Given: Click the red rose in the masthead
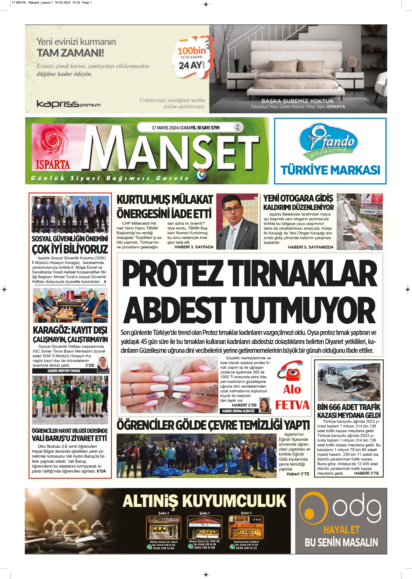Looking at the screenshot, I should click(x=50, y=141).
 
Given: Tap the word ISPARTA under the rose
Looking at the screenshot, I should click(x=53, y=165).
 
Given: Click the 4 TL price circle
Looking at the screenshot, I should click(x=238, y=127).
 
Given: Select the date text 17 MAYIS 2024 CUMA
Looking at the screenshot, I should click(x=171, y=128).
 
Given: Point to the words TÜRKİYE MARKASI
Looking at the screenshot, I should click(x=330, y=170).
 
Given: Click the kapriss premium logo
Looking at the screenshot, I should click(x=68, y=104).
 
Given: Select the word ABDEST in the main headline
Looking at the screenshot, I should click(x=174, y=310).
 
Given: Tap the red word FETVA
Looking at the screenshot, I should click(x=292, y=405).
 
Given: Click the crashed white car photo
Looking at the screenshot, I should click(x=349, y=382).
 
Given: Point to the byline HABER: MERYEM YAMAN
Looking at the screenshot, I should click(x=64, y=371).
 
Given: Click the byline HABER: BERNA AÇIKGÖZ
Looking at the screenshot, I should click(x=238, y=411).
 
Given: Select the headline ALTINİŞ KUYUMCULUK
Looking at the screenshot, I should click(x=204, y=501).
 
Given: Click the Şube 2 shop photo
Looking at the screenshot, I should click(x=246, y=527).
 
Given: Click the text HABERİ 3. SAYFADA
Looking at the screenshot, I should click(x=194, y=247).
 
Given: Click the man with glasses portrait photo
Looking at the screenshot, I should click(x=237, y=222).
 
